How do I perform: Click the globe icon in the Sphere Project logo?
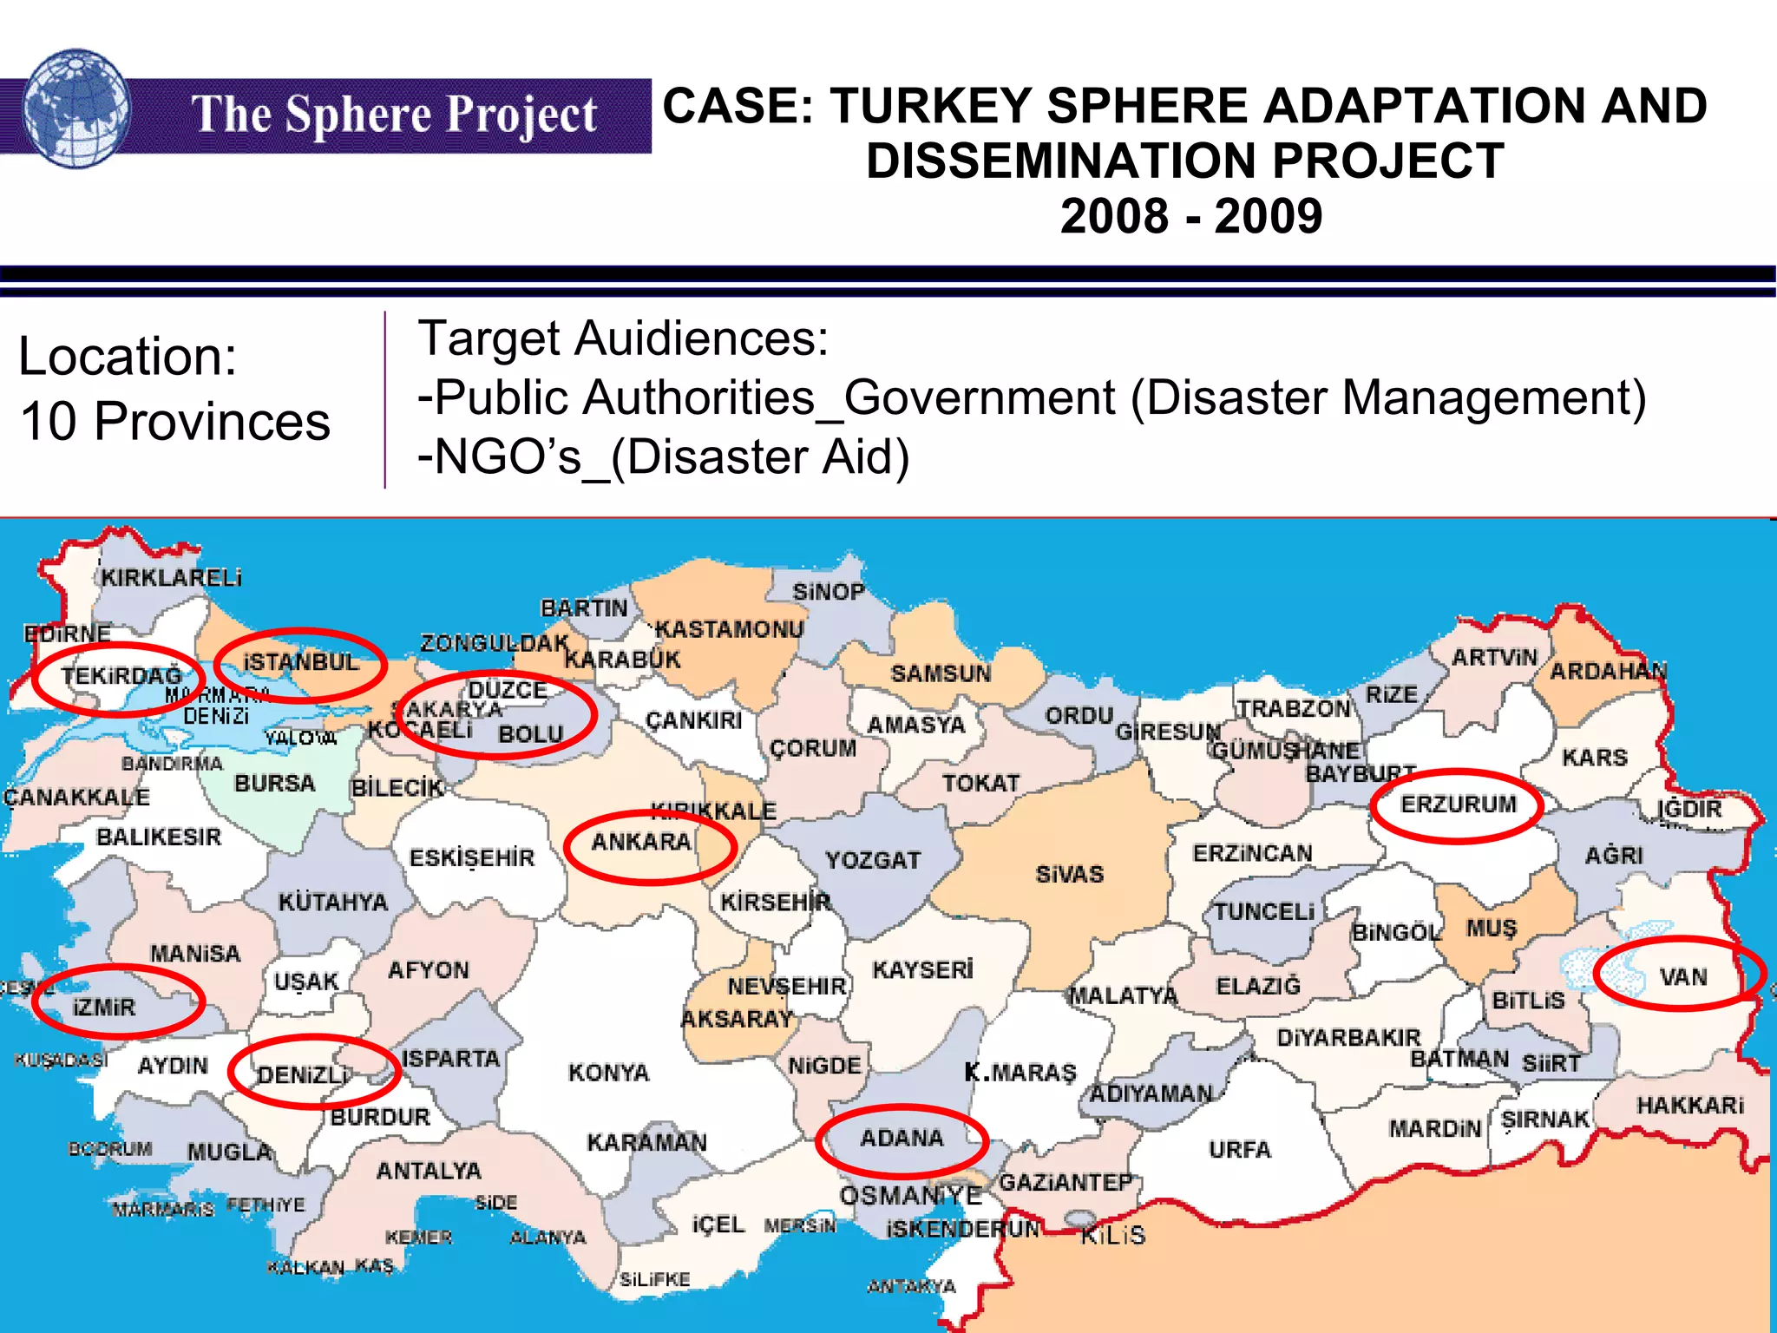pyautogui.click(x=76, y=108)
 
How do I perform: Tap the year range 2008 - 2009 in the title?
pyautogui.click(x=1190, y=216)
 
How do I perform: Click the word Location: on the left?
pyautogui.click(x=128, y=357)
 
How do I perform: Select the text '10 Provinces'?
pyautogui.click(x=174, y=422)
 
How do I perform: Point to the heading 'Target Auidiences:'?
pyautogui.click(x=623, y=338)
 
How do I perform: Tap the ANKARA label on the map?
pyautogui.click(x=641, y=842)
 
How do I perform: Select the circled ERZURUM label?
pyautogui.click(x=1458, y=804)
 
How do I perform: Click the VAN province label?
pyautogui.click(x=1682, y=977)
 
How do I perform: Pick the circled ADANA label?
pyautogui.click(x=902, y=1138)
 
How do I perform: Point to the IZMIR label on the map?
pyautogui.click(x=104, y=1008)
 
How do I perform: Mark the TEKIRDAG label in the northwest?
pyautogui.click(x=121, y=675)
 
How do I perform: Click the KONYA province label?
pyautogui.click(x=608, y=1073)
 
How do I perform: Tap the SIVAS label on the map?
pyautogui.click(x=1069, y=874)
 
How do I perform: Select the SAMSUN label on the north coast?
pyautogui.click(x=941, y=673)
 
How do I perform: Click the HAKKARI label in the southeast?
pyautogui.click(x=1689, y=1105)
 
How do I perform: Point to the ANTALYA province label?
pyautogui.click(x=429, y=1171)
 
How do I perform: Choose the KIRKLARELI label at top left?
pyautogui.click(x=171, y=578)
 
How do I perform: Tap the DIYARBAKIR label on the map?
pyautogui.click(x=1348, y=1037)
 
